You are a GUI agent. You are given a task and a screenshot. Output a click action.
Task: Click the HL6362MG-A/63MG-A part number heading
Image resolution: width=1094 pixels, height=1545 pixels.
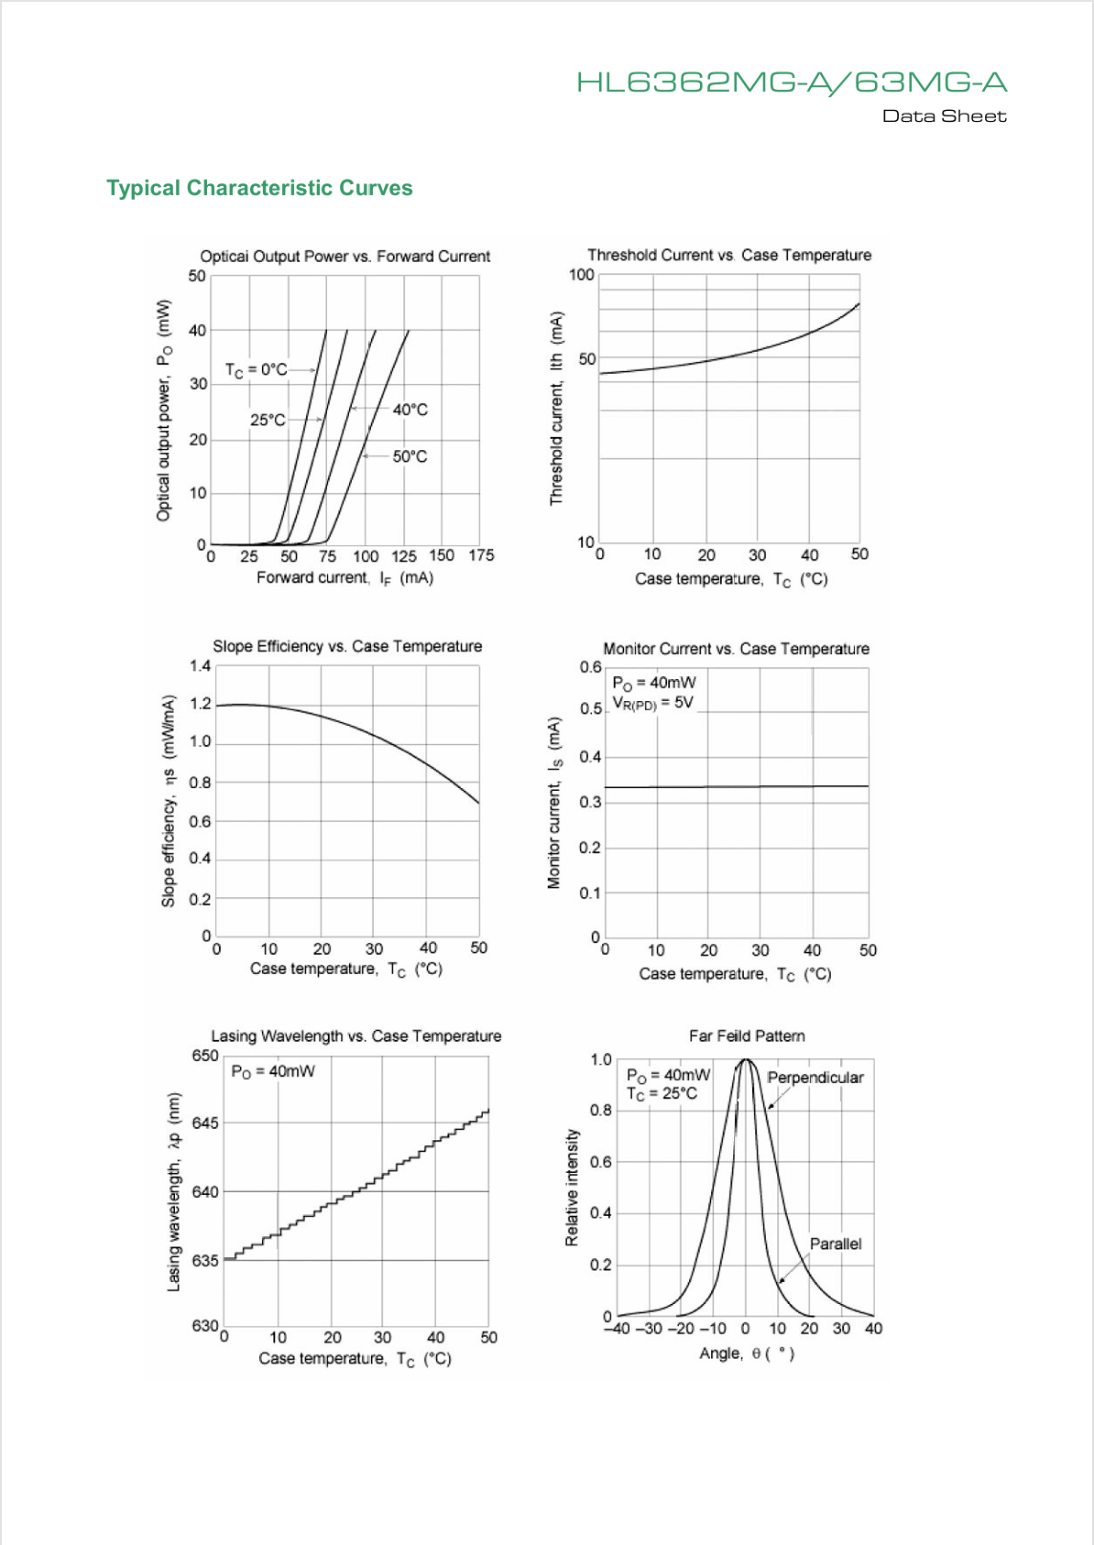click(x=792, y=82)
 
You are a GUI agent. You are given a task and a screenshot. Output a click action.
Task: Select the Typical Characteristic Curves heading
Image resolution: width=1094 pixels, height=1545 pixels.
click(x=259, y=188)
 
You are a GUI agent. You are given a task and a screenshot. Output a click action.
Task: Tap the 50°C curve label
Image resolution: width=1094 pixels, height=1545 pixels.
click(x=410, y=456)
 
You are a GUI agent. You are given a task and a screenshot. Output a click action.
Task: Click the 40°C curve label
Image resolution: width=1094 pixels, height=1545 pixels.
click(x=410, y=410)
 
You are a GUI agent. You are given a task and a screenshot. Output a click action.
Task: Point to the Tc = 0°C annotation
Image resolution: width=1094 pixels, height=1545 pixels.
click(x=256, y=370)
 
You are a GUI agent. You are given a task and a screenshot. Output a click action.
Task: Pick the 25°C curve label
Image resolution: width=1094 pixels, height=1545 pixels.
click(x=268, y=420)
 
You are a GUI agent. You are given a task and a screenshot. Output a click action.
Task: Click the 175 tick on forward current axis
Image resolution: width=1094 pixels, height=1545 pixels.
click(x=481, y=555)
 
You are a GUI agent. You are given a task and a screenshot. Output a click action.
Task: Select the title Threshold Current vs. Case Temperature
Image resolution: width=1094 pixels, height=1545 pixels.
click(x=729, y=255)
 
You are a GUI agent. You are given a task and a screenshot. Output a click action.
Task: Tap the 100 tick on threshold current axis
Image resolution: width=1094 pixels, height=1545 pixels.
click(x=582, y=275)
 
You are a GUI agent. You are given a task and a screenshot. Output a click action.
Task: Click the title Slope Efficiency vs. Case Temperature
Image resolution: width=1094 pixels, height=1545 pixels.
click(x=347, y=646)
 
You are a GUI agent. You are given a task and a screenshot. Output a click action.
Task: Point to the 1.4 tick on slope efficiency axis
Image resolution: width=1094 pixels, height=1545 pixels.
click(x=200, y=665)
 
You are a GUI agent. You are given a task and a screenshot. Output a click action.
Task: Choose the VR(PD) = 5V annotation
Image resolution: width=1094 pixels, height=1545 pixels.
click(x=652, y=703)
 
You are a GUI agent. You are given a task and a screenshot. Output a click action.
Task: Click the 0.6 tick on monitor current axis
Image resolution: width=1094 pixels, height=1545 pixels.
click(x=590, y=667)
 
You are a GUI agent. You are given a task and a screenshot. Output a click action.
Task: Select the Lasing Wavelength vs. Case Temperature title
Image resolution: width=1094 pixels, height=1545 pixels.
click(x=356, y=1036)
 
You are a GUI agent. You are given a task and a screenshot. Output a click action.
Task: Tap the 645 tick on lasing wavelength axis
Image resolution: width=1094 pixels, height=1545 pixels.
click(x=205, y=1123)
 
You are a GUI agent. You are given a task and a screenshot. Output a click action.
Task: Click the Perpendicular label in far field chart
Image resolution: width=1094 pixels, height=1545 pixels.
click(x=815, y=1078)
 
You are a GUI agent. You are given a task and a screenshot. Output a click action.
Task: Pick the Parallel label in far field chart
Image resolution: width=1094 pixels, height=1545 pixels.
click(x=836, y=1244)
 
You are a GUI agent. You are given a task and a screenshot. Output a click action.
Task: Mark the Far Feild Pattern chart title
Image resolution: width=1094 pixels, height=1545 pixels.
click(x=747, y=1036)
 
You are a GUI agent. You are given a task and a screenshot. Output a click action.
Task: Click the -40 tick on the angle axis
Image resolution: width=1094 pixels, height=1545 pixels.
click(x=617, y=1329)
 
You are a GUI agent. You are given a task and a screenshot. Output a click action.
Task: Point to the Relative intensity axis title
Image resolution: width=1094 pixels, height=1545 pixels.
click(x=572, y=1188)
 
